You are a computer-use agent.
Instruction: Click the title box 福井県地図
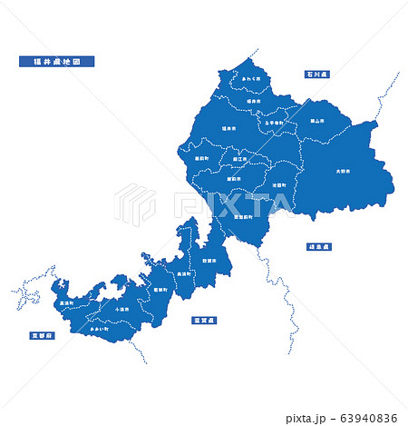point(56,62)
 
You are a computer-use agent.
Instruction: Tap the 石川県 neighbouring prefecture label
point(317,73)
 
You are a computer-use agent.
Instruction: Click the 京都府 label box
point(43,335)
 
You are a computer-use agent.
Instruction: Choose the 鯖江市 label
point(238,159)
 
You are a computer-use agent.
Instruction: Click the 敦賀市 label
point(209,261)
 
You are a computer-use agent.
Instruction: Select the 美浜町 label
point(184,273)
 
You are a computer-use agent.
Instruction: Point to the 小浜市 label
point(122,309)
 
